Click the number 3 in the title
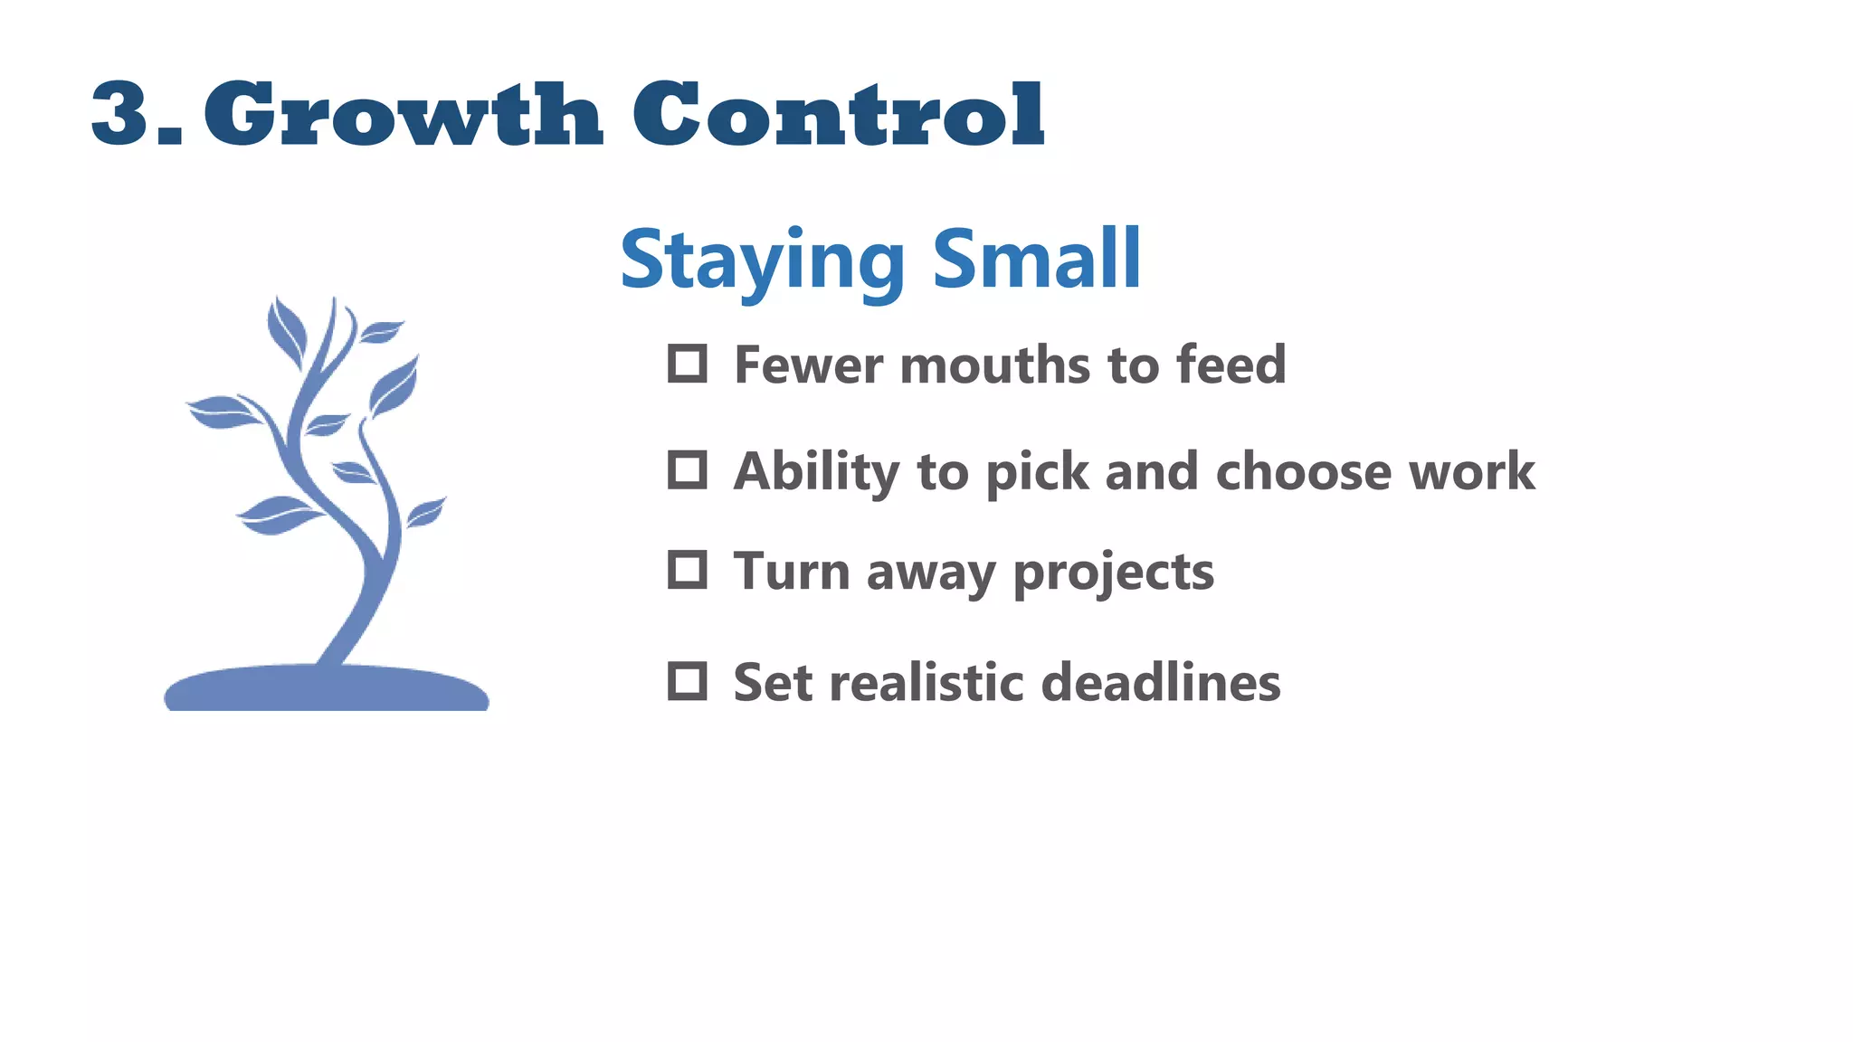click(x=120, y=114)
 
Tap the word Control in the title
click(x=838, y=114)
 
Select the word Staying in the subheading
click(x=763, y=260)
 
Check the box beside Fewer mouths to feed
click(x=687, y=364)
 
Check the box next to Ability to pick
click(x=687, y=470)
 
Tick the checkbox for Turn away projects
click(x=687, y=570)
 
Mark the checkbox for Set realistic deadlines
click(x=687, y=681)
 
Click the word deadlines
click(x=1161, y=683)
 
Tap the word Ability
click(x=817, y=473)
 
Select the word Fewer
click(x=809, y=365)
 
